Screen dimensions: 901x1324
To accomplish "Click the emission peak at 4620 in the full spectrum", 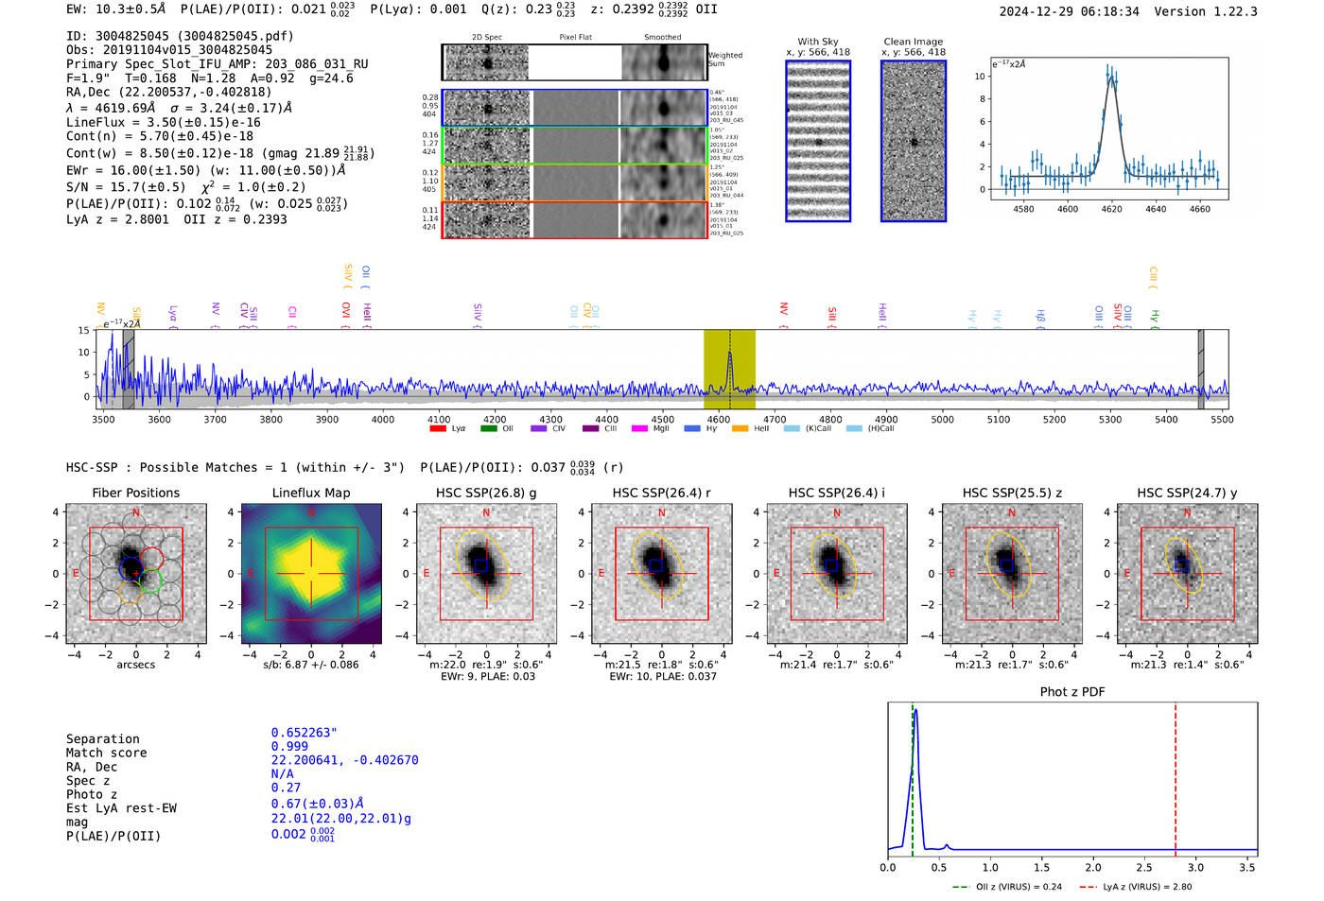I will (x=729, y=354).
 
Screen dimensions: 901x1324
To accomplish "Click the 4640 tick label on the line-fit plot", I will (x=1156, y=209).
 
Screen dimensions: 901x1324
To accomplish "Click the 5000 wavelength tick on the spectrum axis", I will (x=942, y=419).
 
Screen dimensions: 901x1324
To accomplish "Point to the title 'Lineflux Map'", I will (x=310, y=493).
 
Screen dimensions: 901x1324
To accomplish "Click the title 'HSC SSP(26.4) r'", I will (x=661, y=493).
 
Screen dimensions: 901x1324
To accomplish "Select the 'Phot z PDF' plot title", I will (x=1071, y=691).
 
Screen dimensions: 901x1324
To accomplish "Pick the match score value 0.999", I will (x=289, y=746).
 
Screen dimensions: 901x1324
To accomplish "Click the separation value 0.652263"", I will (x=304, y=733).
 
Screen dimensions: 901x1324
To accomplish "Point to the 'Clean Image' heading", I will (x=913, y=42).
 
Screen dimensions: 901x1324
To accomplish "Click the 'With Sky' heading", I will (x=817, y=42).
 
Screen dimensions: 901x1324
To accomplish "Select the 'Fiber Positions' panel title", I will (x=135, y=493).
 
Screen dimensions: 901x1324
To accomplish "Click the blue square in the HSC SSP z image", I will (x=1006, y=565).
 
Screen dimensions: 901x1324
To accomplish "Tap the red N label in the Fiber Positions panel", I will (x=136, y=512).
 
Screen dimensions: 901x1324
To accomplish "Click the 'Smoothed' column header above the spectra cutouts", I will (x=662, y=37).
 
